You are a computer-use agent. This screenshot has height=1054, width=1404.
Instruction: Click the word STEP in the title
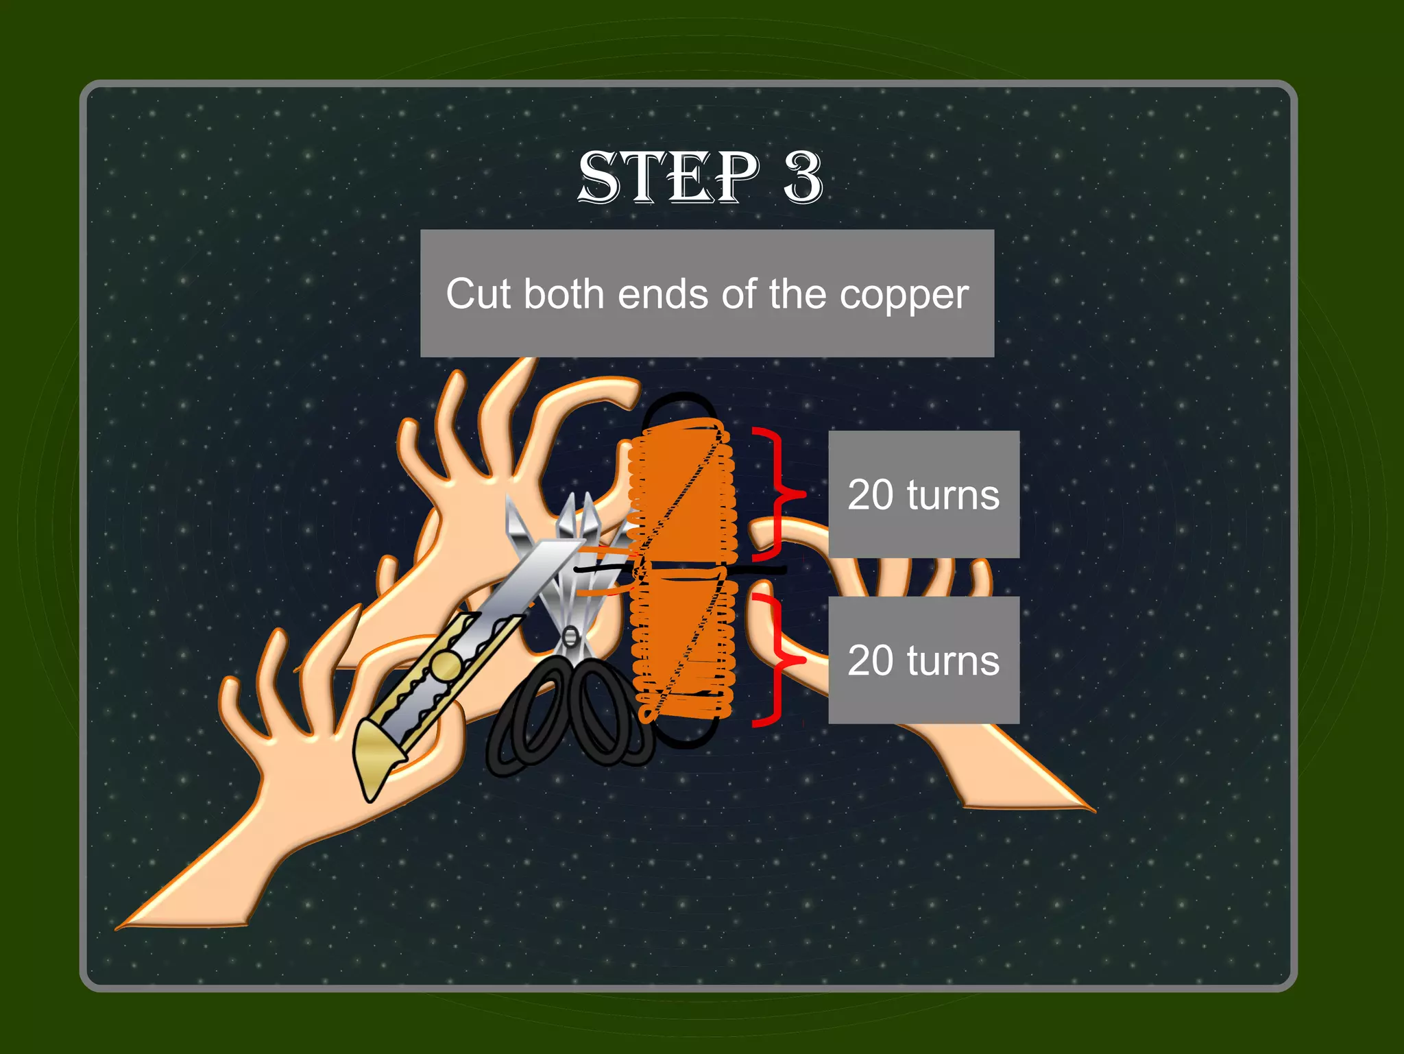(668, 177)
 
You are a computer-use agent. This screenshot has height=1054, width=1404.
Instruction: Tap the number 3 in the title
(803, 177)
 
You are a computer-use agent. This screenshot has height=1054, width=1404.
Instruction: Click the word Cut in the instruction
(478, 294)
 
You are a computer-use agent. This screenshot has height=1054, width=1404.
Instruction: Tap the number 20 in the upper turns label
(870, 494)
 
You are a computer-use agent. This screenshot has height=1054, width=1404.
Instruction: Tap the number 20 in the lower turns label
(870, 660)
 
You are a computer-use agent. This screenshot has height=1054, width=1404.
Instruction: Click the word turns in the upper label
(953, 494)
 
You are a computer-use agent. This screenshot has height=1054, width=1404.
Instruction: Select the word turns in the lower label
(953, 660)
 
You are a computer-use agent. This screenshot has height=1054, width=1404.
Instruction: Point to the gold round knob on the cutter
(446, 665)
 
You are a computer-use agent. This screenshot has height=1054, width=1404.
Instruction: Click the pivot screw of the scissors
(569, 636)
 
